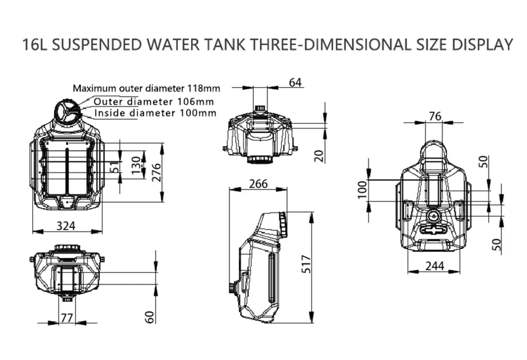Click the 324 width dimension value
(66, 226)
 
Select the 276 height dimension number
(157, 172)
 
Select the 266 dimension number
(258, 184)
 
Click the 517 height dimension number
(307, 266)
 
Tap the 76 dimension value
(434, 116)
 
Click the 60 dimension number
(150, 316)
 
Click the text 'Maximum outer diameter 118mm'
(146, 88)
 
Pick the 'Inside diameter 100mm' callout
(155, 113)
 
